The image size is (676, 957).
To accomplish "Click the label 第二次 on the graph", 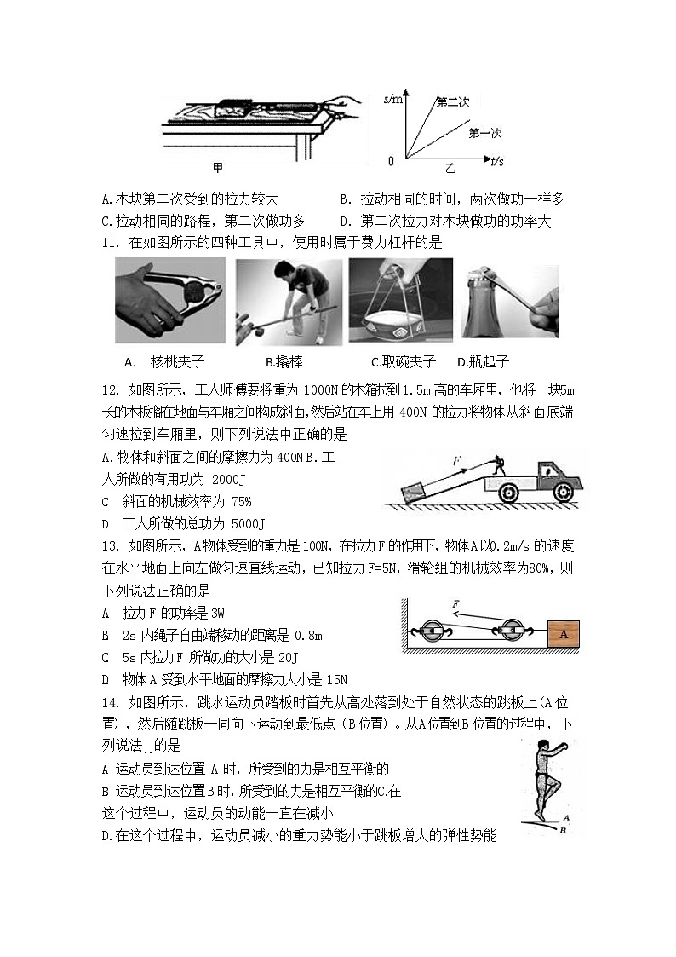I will [x=452, y=102].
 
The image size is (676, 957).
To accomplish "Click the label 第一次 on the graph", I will [x=485, y=132].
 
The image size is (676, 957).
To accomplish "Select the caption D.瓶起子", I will [x=484, y=361].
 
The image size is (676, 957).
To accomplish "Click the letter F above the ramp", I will [x=457, y=462].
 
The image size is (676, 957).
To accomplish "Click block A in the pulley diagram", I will [x=563, y=632].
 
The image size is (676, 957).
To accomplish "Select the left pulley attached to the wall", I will [x=433, y=632].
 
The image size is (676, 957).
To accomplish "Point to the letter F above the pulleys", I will [x=457, y=603].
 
